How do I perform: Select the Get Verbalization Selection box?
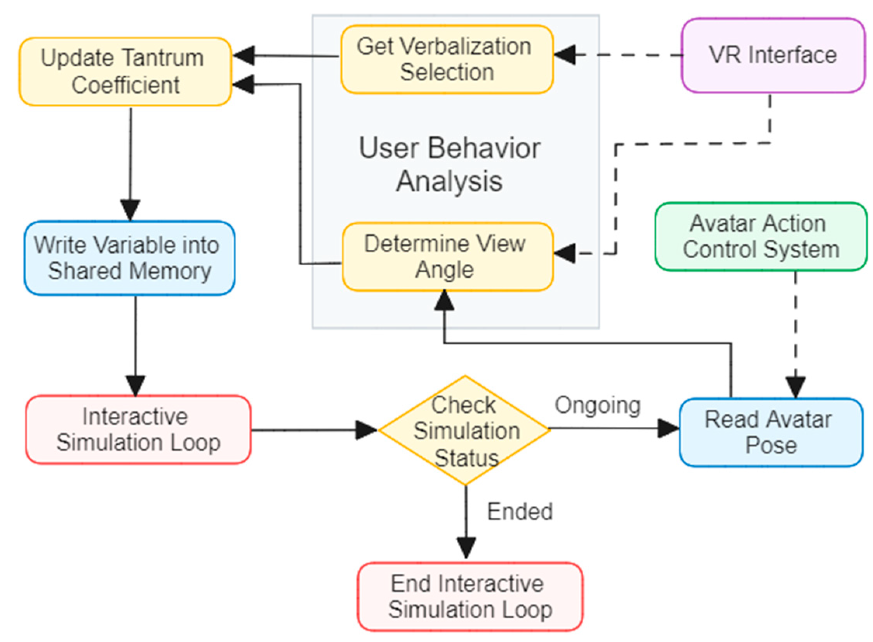(447, 59)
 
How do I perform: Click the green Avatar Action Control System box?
(761, 236)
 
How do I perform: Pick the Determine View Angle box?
(447, 256)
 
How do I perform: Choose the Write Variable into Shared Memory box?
(129, 258)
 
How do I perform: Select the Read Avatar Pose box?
(771, 432)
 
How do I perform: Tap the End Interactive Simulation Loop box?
(470, 597)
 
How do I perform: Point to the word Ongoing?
(597, 405)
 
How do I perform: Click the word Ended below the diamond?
(520, 512)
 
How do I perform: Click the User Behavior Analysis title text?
(450, 164)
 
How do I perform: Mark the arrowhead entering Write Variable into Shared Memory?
(130, 210)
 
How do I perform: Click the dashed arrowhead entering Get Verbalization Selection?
(565, 55)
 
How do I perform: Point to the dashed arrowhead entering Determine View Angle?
(565, 254)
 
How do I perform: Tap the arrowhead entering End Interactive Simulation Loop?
(466, 548)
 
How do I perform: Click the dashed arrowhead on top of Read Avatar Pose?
(796, 387)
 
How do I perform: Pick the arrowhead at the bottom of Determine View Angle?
(444, 301)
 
